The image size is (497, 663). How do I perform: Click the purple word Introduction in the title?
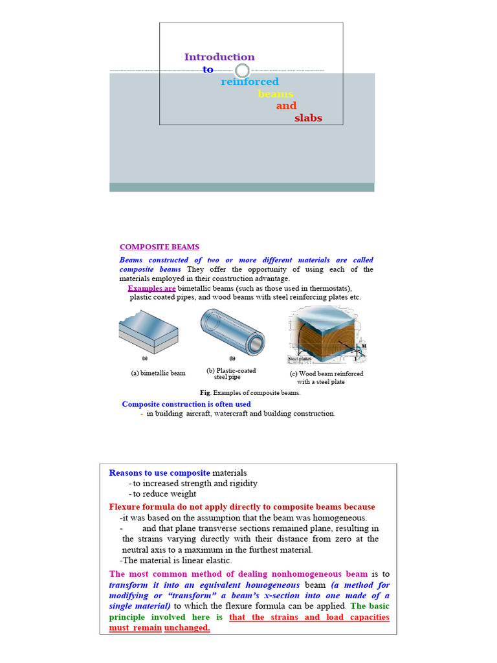pos(219,57)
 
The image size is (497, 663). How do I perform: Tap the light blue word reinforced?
pos(250,82)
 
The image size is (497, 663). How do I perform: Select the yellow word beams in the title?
pos(276,94)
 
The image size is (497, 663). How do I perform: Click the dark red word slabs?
pos(308,118)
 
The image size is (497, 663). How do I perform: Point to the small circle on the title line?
pos(242,71)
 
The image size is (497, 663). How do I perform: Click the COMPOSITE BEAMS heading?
pos(159,247)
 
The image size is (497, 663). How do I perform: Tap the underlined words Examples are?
pos(151,287)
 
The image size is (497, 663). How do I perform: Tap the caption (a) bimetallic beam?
pos(158,373)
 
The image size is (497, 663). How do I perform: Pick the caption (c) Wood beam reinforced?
pos(326,374)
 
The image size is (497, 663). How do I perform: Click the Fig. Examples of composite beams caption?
pos(250,392)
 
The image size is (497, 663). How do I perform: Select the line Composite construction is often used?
pos(186,404)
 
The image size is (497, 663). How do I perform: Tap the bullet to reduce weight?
pos(162,494)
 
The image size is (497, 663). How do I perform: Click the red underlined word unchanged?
pos(188,628)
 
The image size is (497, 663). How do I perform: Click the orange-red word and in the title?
pos(286,106)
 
